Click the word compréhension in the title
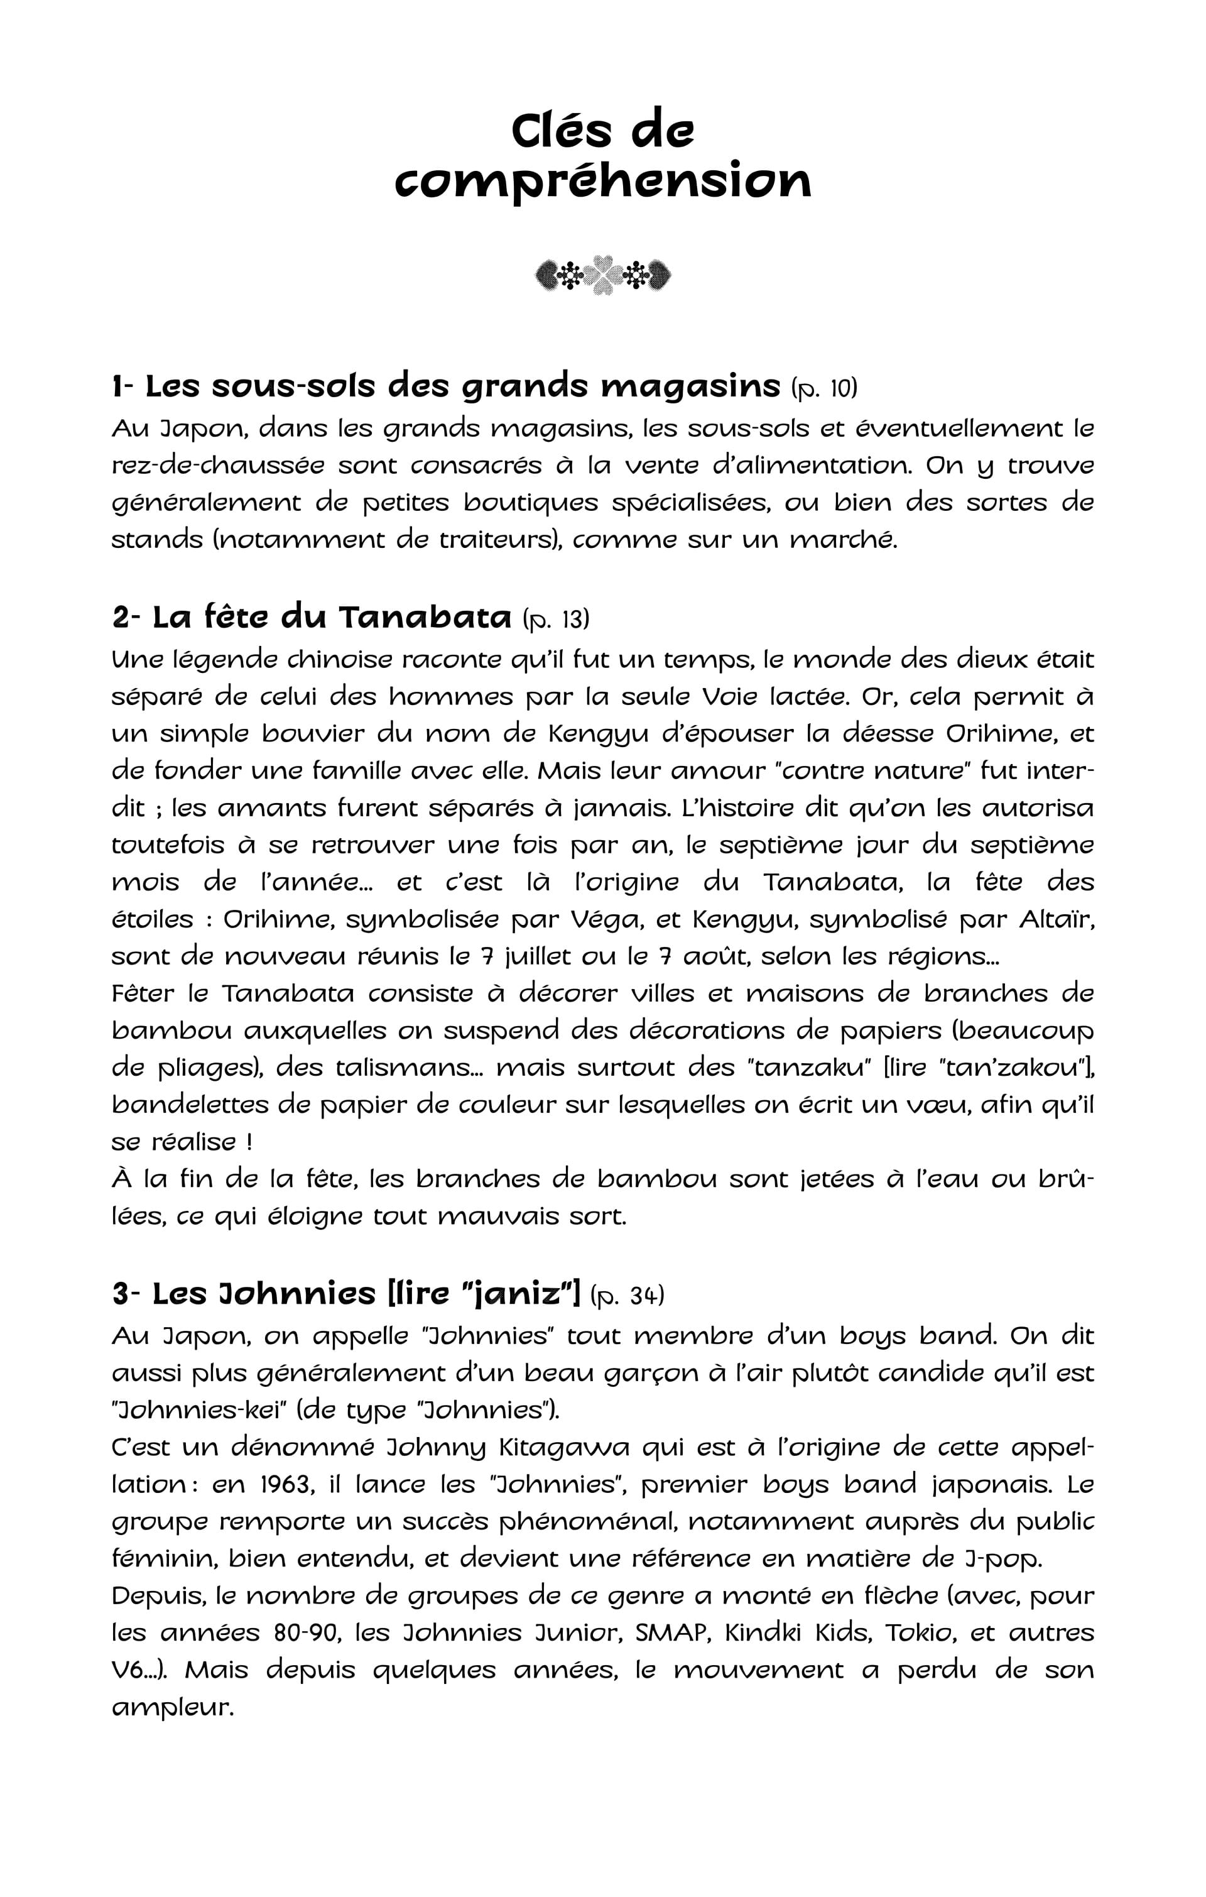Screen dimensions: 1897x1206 point(602,180)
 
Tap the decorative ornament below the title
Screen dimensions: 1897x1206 point(602,275)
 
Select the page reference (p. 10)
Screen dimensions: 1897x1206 point(825,388)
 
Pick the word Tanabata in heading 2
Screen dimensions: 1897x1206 point(425,618)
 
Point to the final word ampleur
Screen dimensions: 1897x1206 point(173,1707)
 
